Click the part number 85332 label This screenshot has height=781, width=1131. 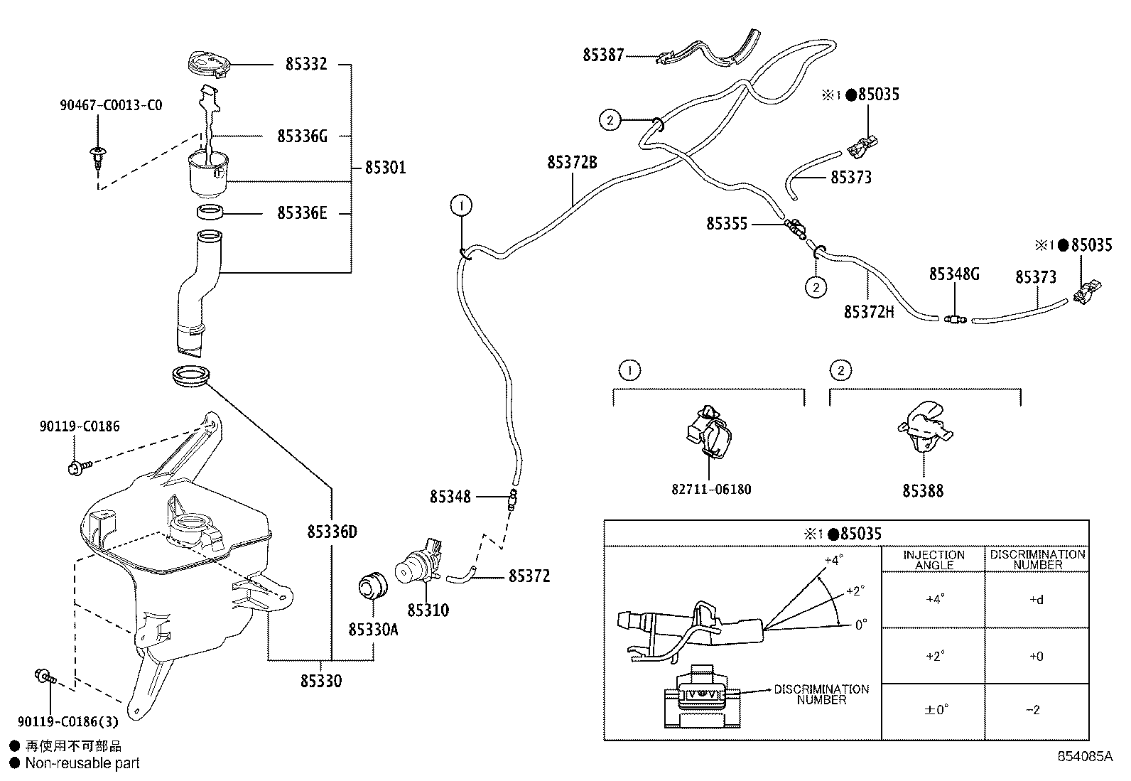click(306, 64)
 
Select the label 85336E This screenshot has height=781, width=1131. click(302, 213)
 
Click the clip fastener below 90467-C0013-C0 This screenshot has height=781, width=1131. click(96, 156)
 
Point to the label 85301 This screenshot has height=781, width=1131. click(385, 168)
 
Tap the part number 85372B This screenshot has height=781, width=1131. click(572, 163)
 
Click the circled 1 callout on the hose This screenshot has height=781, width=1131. click(461, 206)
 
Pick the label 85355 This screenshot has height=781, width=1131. click(727, 224)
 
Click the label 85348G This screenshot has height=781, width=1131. click(954, 274)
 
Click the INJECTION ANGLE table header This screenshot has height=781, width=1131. click(934, 560)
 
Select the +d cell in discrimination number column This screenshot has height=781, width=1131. click(1037, 599)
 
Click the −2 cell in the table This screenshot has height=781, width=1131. click(1037, 709)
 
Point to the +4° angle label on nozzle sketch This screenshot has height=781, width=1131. click(833, 559)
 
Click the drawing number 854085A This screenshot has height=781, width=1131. click(1084, 757)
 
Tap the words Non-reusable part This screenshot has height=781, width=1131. click(82, 763)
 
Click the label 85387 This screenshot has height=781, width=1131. click(603, 55)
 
